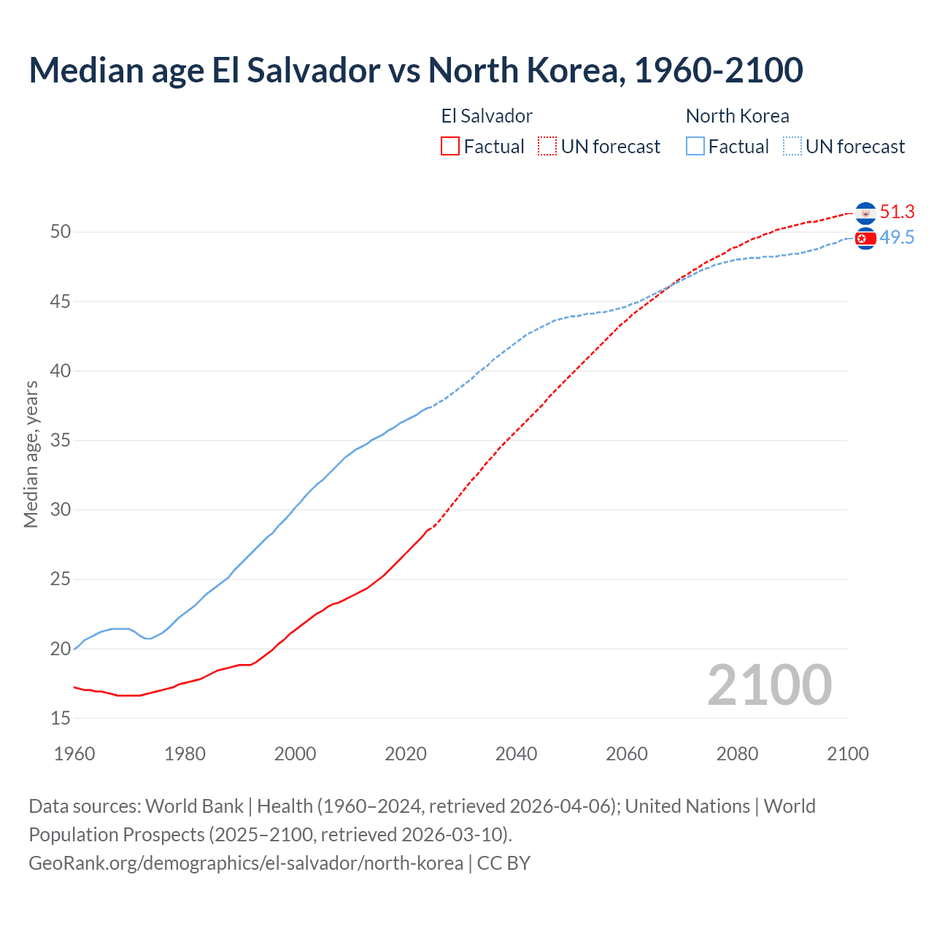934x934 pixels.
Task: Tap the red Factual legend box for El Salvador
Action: pos(450,147)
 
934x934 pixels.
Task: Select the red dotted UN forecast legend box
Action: pos(547,147)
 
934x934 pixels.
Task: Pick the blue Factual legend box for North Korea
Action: pos(695,147)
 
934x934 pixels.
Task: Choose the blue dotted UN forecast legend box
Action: pos(792,147)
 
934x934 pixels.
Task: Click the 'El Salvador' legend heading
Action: pos(487,116)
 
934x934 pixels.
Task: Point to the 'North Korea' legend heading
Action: pos(737,116)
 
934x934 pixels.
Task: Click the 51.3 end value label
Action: pos(897,212)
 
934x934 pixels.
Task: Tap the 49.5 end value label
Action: pos(897,238)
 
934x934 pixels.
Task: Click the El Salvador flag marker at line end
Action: pos(865,213)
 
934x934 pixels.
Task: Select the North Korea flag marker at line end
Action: pos(865,239)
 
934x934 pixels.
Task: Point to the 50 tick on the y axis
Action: pos(61,232)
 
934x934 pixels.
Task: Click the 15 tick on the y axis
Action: pos(61,719)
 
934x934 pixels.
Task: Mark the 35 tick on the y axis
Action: pos(61,441)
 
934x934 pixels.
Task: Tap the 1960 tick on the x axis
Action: pos(74,754)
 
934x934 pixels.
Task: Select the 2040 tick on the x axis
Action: pos(516,754)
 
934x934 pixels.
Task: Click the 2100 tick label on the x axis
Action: pos(848,754)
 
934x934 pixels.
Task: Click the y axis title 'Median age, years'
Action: pos(31,454)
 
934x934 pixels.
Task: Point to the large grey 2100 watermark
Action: pos(770,684)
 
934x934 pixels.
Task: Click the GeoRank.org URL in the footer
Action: pos(246,863)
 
